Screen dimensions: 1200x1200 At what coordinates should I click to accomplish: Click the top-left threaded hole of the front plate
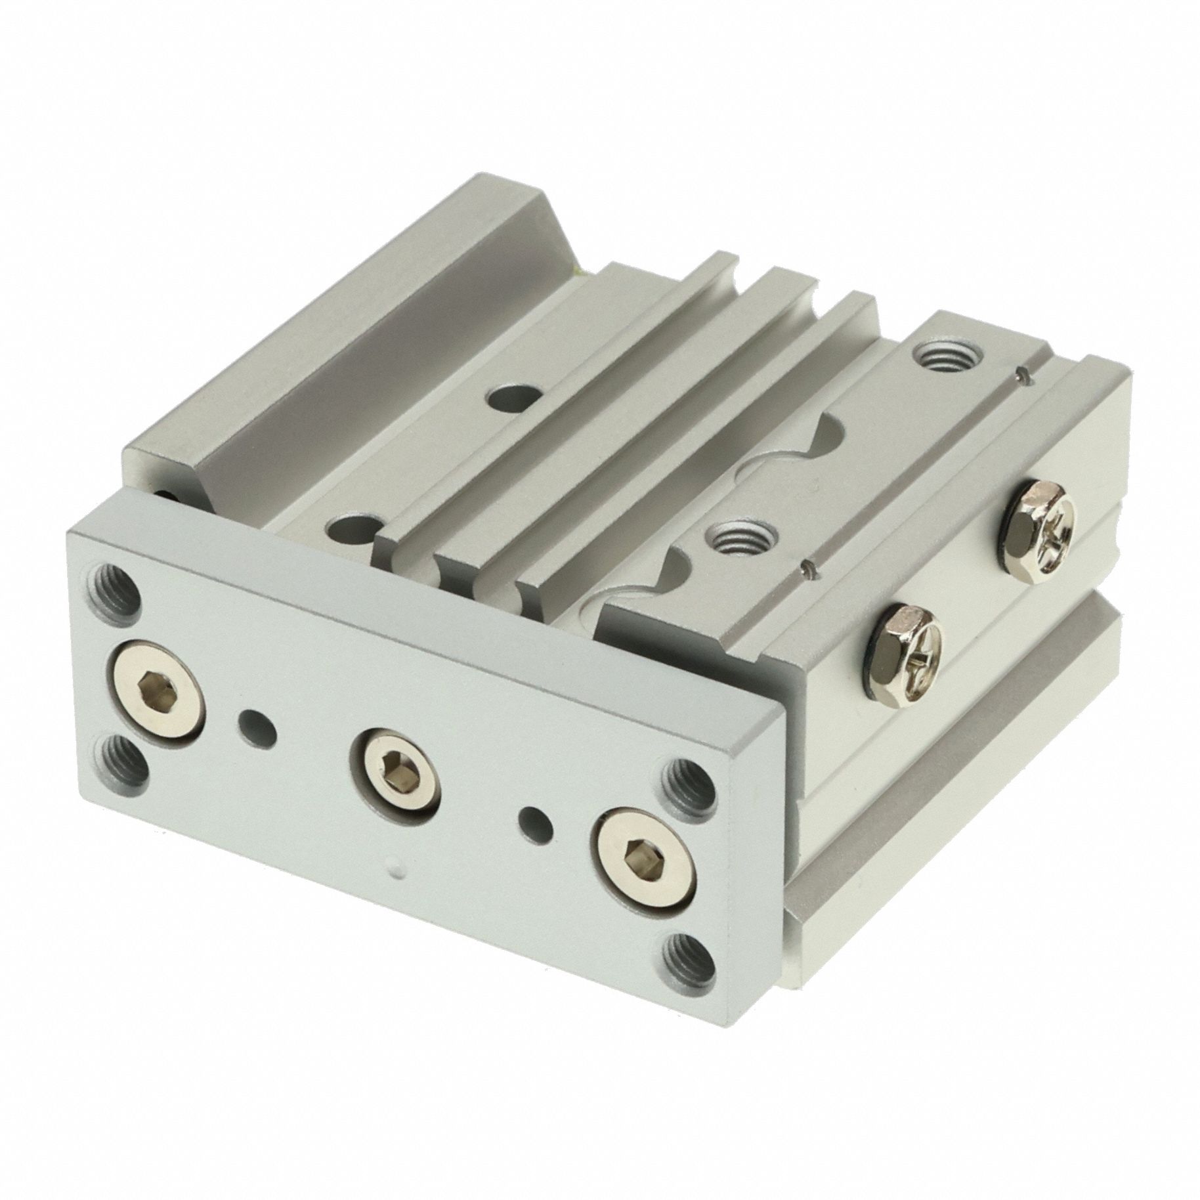coord(117,582)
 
